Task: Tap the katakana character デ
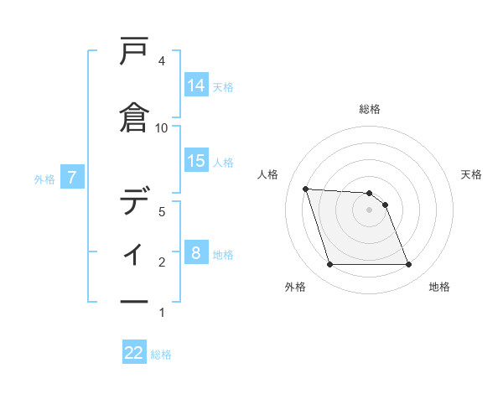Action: [134, 201]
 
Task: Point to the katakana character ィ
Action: [134, 251]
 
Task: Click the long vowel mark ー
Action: [134, 301]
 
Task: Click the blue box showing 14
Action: [196, 86]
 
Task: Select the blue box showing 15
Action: [196, 161]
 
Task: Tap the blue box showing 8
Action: [196, 253]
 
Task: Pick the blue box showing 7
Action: [73, 177]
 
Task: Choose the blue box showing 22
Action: [134, 353]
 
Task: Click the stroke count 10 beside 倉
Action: [162, 127]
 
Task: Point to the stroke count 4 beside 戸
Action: [162, 61]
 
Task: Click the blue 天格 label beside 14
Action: [223, 86]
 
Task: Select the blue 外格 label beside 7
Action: [44, 179]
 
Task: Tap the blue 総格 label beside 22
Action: [161, 355]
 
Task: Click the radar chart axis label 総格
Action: [370, 109]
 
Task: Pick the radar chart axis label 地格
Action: [439, 288]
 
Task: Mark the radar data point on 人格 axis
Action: [306, 189]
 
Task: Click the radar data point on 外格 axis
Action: [329, 265]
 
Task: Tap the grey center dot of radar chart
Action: [370, 210]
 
